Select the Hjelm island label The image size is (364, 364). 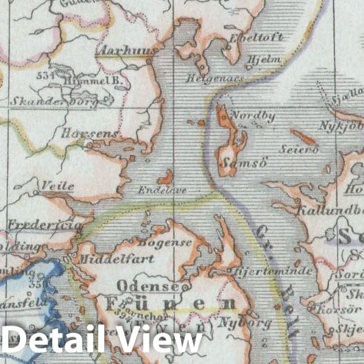point(268,60)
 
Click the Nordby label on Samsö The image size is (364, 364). point(253,117)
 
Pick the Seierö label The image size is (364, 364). point(299,149)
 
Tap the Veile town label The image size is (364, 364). point(57,185)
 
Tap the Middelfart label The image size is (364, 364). point(116,259)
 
